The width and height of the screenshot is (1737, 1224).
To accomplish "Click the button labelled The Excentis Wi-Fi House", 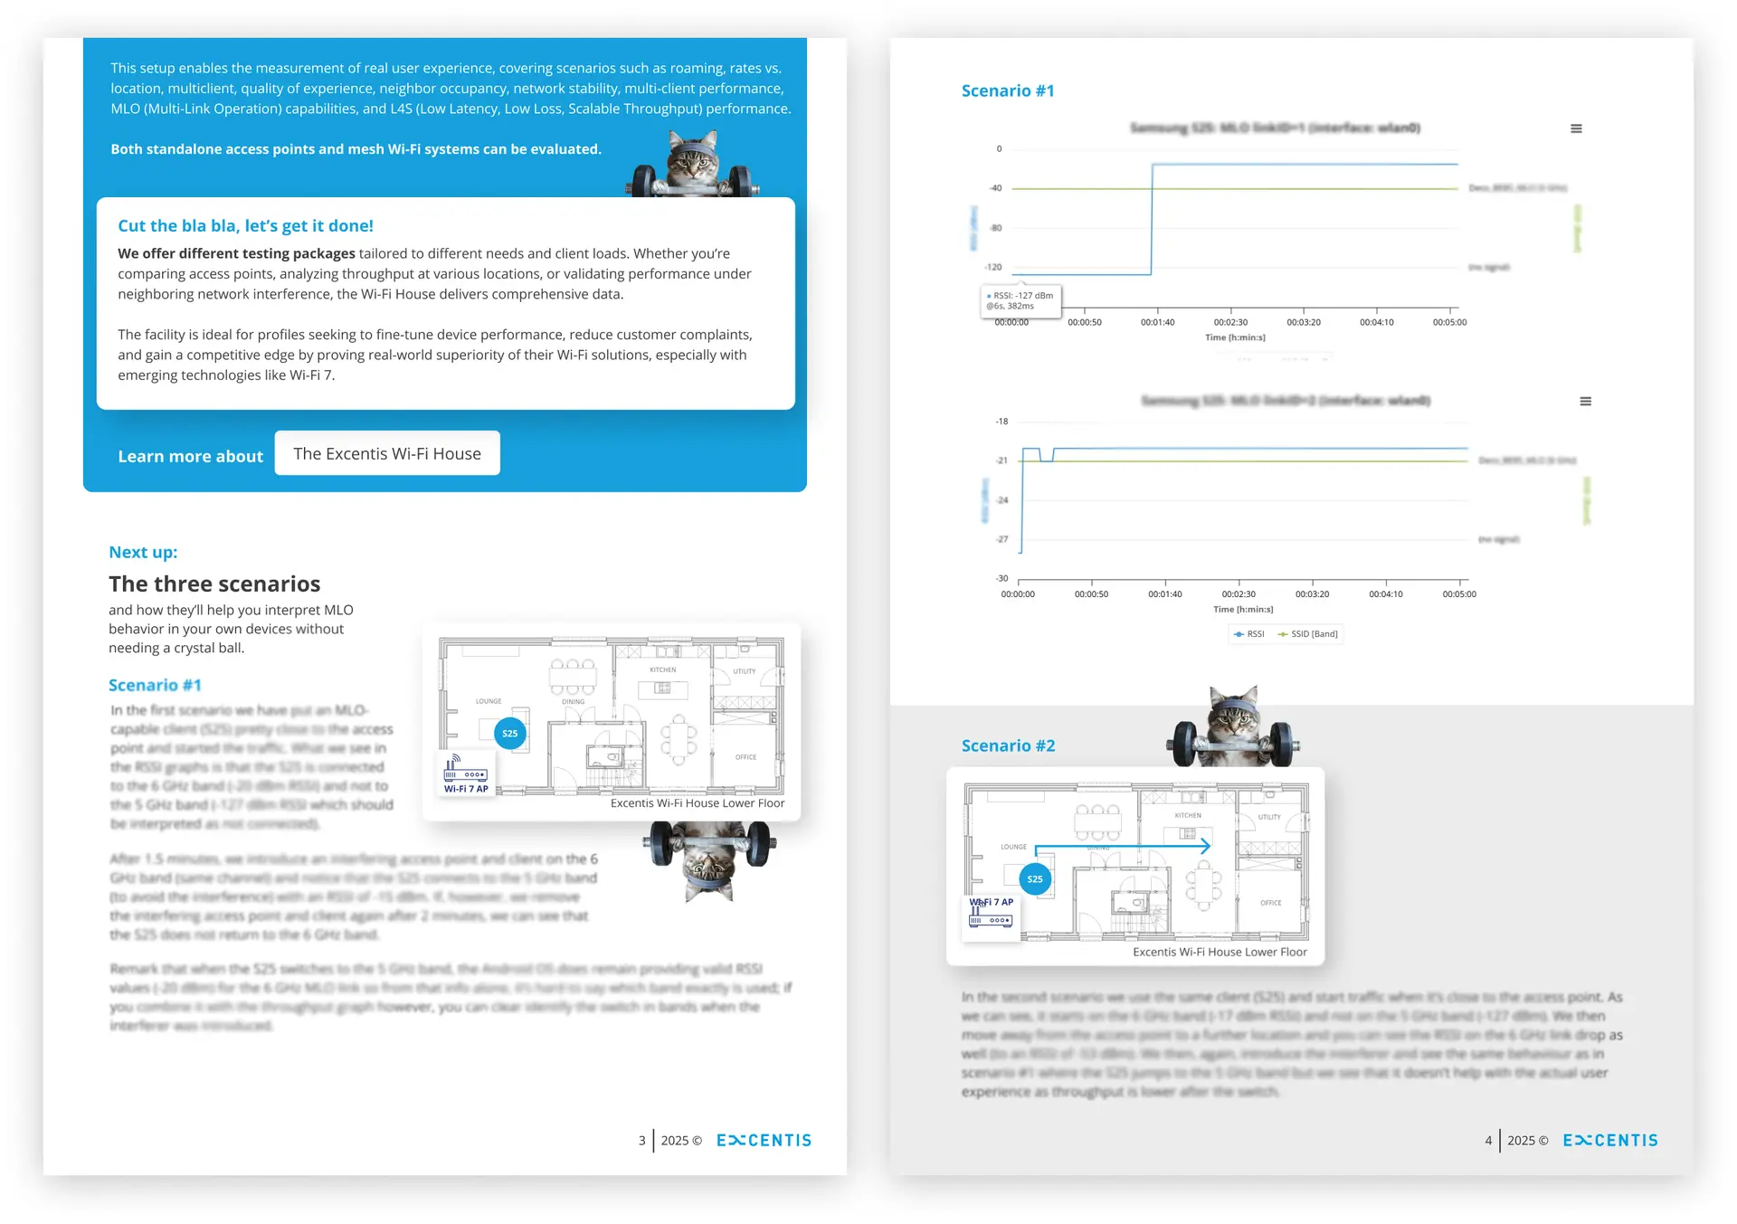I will tap(387, 453).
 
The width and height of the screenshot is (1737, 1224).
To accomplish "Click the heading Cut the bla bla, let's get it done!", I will tap(245, 226).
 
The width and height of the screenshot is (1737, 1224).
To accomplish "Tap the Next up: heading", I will tap(143, 552).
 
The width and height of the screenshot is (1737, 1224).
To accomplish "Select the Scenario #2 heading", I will tap(1008, 745).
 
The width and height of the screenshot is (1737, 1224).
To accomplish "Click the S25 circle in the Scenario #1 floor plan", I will tap(510, 734).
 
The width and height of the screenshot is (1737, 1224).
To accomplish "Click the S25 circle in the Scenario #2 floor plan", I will tap(1035, 879).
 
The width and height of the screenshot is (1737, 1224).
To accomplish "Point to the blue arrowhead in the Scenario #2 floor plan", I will tap(1205, 847).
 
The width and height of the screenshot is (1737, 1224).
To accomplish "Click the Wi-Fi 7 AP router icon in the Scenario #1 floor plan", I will tap(465, 770).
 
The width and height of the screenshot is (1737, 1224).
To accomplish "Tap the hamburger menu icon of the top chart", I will tap(1576, 128).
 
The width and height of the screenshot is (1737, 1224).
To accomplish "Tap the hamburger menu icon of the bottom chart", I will tap(1585, 401).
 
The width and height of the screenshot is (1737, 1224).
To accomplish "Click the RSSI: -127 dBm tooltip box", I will tap(1021, 300).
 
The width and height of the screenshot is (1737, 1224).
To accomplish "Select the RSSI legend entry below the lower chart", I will tap(1249, 634).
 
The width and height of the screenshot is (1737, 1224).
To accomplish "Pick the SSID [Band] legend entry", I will tap(1308, 634).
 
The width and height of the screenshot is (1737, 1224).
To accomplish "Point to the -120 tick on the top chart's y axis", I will tap(993, 268).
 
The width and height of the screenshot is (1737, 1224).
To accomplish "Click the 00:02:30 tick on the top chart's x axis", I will tap(1230, 322).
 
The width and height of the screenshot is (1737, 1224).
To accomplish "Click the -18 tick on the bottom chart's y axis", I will tap(1001, 422).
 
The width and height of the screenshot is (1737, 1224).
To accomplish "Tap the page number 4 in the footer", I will tap(1488, 1141).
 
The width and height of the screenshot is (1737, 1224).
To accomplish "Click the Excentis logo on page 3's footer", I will tap(764, 1141).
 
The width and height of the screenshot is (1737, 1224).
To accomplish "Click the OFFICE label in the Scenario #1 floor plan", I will tap(745, 757).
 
